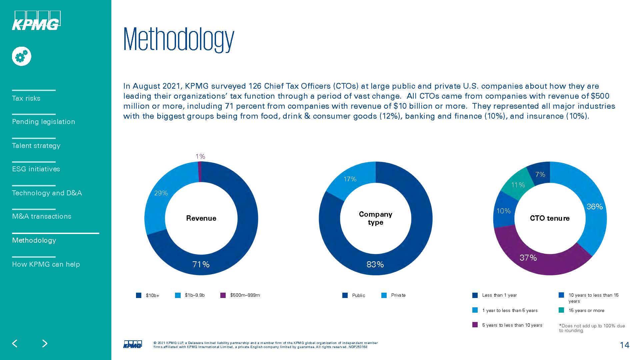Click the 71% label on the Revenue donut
(201, 264)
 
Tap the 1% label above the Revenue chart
(200, 156)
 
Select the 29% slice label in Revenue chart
(161, 193)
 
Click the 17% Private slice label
(350, 179)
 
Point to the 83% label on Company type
(375, 264)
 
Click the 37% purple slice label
(528, 258)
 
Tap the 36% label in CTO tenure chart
(595, 207)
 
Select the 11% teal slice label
(518, 185)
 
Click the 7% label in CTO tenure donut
(540, 174)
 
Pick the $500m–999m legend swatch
(223, 295)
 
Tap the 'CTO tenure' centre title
(550, 218)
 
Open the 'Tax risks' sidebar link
(26, 98)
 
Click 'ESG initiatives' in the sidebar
(36, 169)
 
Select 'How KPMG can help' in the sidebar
(46, 264)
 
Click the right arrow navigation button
(45, 344)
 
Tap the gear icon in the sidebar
(22, 56)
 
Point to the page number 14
(624, 345)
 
